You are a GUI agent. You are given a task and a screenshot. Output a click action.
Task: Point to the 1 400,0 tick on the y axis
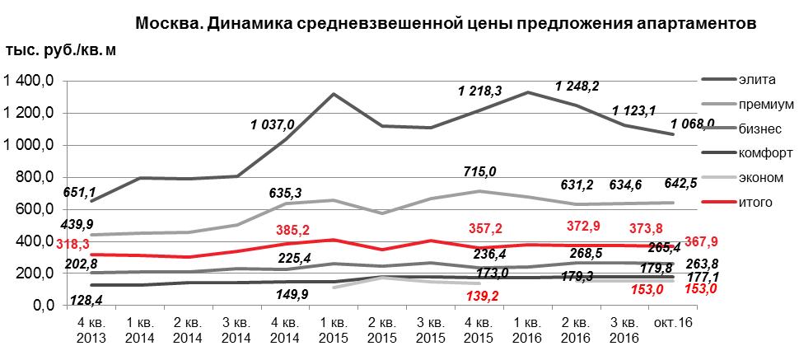30,81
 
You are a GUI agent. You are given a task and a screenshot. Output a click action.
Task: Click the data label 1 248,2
577,85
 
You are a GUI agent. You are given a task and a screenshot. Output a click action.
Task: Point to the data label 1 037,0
273,125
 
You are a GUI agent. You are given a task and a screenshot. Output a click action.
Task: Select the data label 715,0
481,170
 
